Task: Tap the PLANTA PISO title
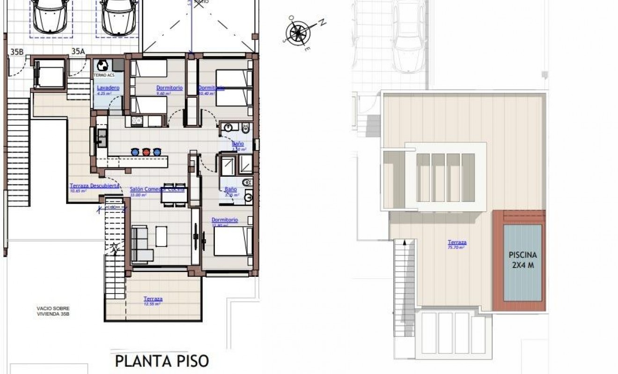tap(162, 361)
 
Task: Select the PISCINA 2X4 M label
tap(522, 260)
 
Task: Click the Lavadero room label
tap(108, 88)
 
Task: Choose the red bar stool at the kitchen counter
tap(146, 151)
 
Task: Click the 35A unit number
tap(78, 52)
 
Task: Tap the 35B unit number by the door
tap(16, 52)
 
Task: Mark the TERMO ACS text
tap(103, 75)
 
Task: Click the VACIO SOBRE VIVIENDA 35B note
tap(56, 311)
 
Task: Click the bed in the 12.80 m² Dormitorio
tap(233, 241)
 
